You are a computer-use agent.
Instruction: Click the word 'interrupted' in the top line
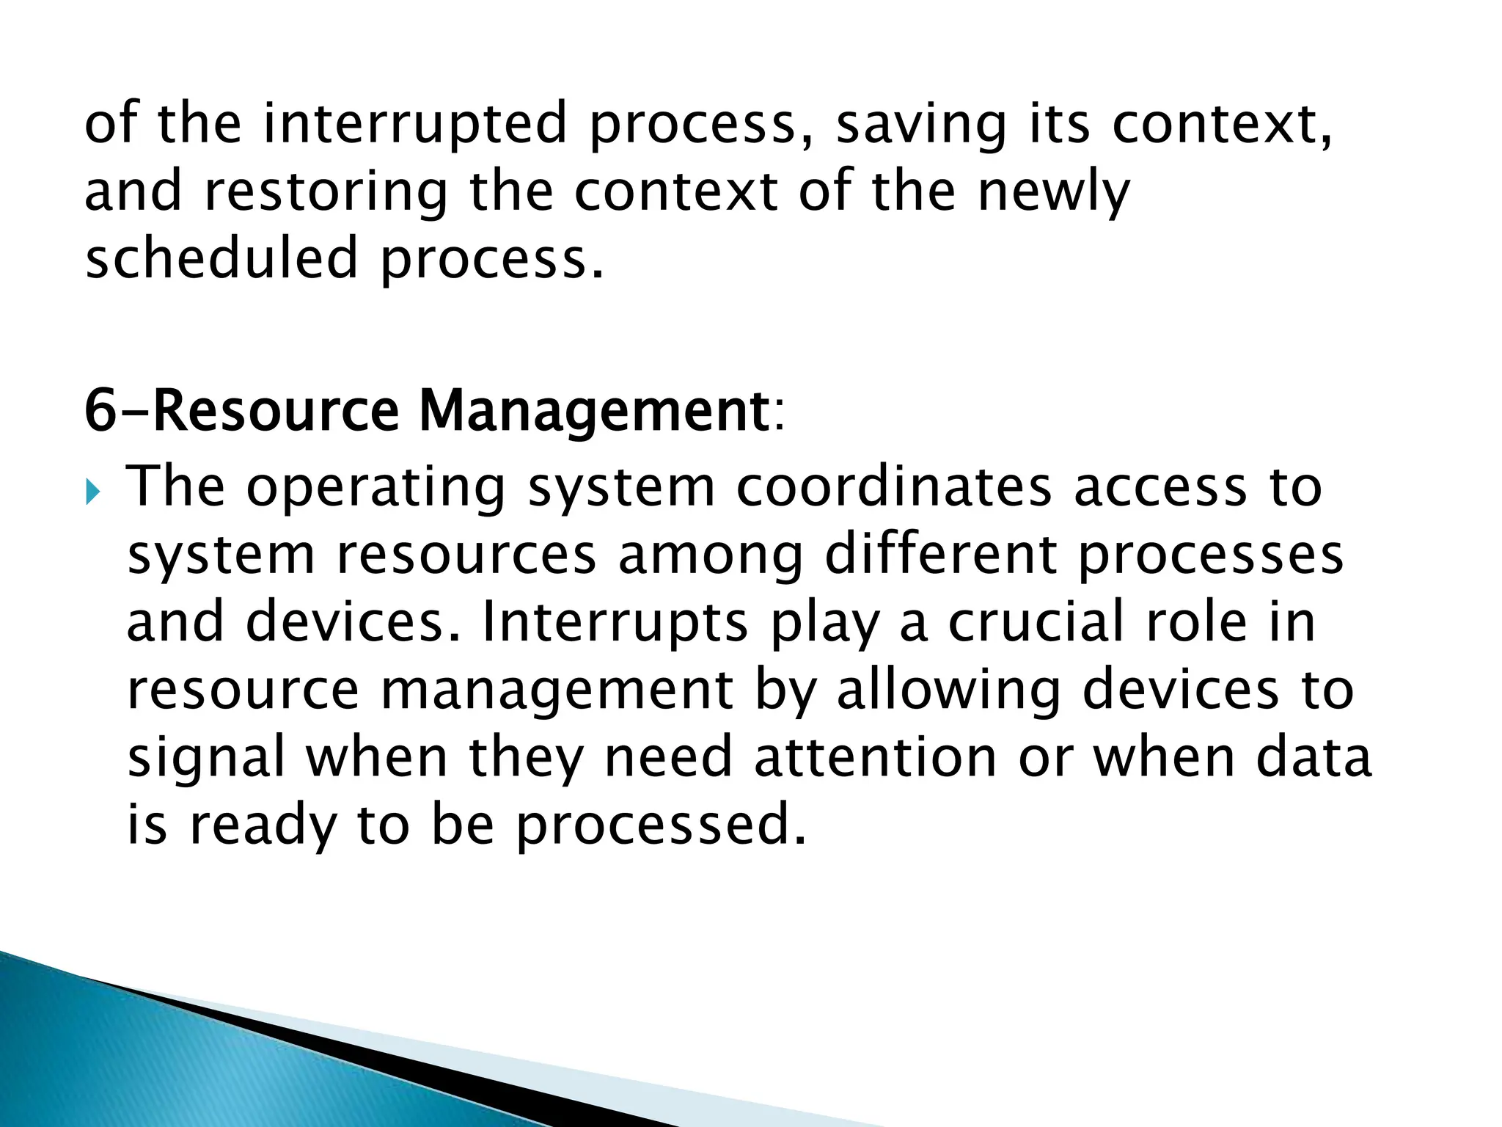pyautogui.click(x=415, y=123)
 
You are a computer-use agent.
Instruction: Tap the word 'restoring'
pyautogui.click(x=325, y=192)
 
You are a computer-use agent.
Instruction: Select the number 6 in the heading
pyautogui.click(x=100, y=410)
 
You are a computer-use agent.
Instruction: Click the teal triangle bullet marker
pyautogui.click(x=91, y=492)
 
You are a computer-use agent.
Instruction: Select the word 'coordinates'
pyautogui.click(x=893, y=487)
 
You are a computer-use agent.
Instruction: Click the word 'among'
pyautogui.click(x=710, y=556)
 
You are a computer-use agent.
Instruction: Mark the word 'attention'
pyautogui.click(x=875, y=757)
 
